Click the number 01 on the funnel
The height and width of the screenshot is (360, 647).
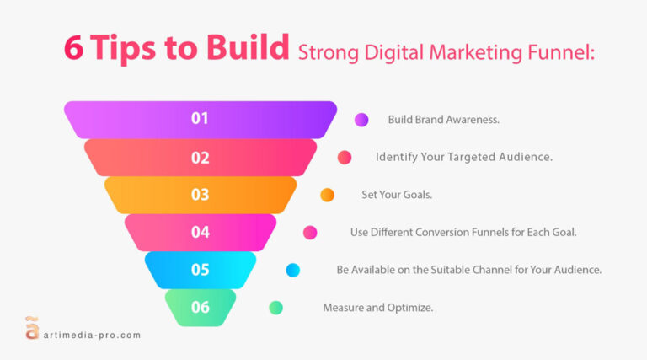(x=200, y=119)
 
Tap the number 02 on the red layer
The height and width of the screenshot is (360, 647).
(x=200, y=157)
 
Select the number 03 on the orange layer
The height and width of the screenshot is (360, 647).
(x=200, y=195)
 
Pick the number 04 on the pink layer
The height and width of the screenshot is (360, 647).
(x=200, y=232)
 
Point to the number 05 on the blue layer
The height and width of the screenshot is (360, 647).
(x=200, y=270)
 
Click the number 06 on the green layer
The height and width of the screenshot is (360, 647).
(x=200, y=308)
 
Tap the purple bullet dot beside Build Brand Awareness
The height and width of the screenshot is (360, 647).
(x=361, y=120)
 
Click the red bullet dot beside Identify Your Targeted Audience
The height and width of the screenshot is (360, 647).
(x=345, y=158)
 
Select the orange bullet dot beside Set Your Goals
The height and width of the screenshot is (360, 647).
(x=327, y=195)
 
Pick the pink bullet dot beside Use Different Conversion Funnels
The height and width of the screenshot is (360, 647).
(x=310, y=233)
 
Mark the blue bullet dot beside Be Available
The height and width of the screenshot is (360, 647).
(x=293, y=270)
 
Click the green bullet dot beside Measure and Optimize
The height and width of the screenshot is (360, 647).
(x=275, y=308)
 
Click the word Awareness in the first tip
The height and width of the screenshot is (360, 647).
(x=473, y=120)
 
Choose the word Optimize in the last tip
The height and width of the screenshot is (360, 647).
(x=411, y=308)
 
